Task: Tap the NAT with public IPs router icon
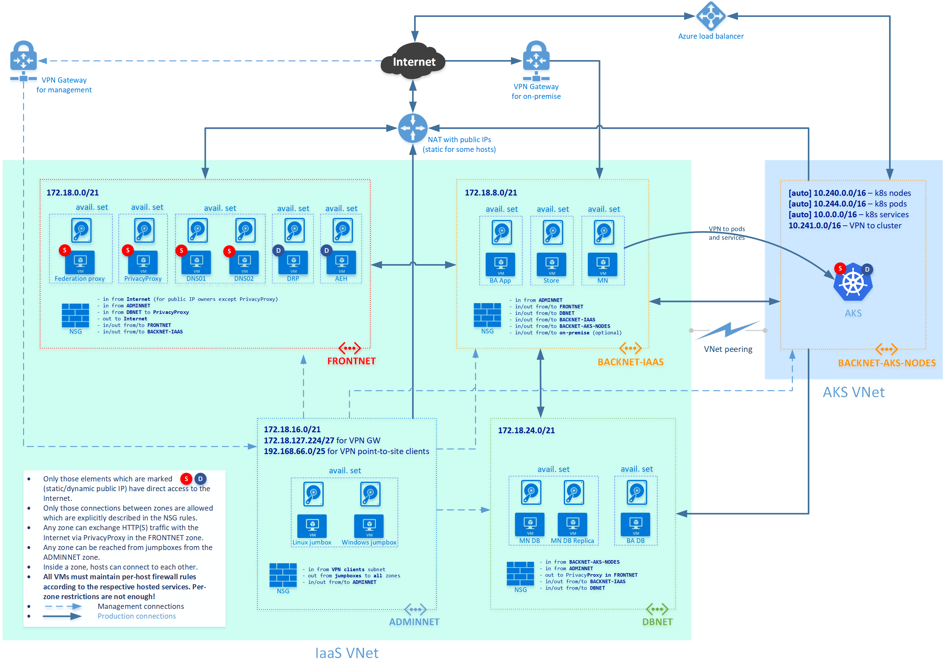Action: pos(412,128)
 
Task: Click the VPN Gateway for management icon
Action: pos(23,60)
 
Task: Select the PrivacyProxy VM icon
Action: pos(143,262)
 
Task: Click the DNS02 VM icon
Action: pos(244,262)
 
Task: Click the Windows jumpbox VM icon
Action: pos(369,526)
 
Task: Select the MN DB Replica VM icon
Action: pos(573,524)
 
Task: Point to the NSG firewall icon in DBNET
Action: pos(520,573)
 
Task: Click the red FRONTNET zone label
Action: pos(351,361)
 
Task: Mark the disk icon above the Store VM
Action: pos(553,232)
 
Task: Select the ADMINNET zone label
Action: pos(414,622)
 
